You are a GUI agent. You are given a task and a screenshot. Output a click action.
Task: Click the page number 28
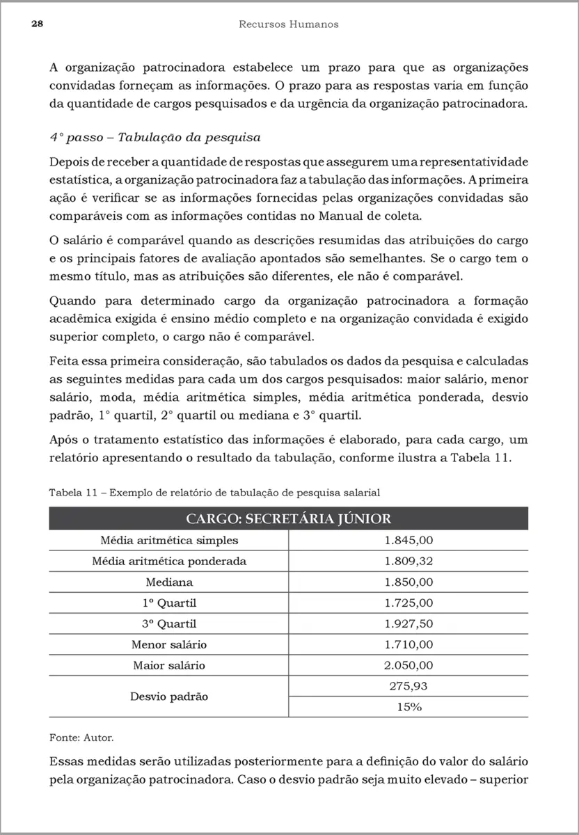[x=38, y=24]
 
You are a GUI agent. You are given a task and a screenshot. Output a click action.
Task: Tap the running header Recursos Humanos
[x=289, y=24]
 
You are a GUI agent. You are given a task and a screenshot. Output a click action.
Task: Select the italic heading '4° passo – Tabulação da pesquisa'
[x=154, y=137]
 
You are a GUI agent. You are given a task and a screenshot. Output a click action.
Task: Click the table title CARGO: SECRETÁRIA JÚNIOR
[x=288, y=518]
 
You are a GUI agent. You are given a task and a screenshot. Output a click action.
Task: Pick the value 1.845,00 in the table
[x=409, y=541]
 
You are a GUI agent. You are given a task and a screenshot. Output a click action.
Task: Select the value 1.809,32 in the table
[x=409, y=562]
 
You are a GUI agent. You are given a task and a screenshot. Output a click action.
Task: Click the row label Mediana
[x=169, y=582]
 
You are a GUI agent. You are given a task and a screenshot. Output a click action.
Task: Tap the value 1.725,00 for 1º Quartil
[x=409, y=603]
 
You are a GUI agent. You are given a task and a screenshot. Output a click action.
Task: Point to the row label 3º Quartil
[x=169, y=624]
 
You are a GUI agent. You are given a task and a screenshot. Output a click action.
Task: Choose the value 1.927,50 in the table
[x=409, y=624]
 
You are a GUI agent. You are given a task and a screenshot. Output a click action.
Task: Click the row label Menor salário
[x=169, y=645]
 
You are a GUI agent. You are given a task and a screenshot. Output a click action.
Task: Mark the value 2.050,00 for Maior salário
[x=409, y=666]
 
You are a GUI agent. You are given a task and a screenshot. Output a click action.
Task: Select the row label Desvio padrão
[x=169, y=697]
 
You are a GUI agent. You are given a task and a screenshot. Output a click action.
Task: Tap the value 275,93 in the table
[x=409, y=686]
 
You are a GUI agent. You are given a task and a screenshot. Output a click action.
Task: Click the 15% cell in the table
[x=409, y=707]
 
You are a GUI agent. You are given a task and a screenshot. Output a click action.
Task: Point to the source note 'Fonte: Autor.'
[x=81, y=736]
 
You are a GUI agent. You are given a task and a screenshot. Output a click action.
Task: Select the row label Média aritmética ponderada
[x=169, y=562]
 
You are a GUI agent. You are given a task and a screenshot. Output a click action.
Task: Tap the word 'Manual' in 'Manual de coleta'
[x=341, y=216]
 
